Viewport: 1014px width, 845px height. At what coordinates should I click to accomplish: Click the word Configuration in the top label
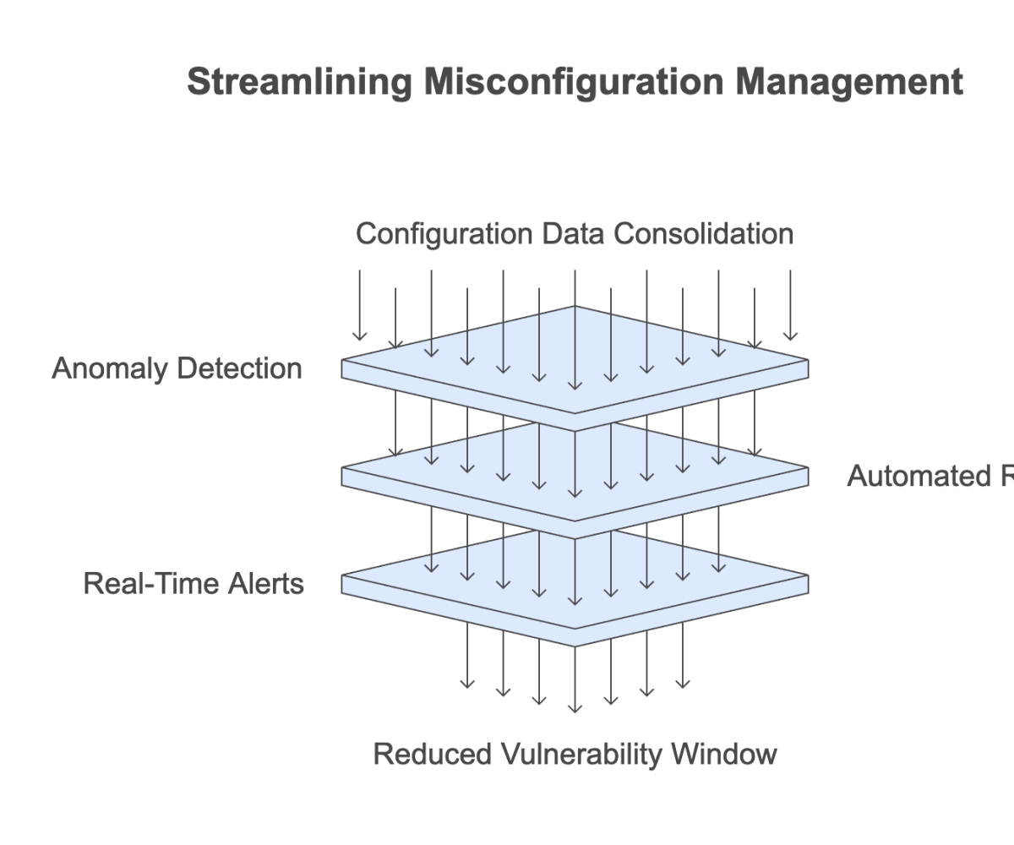pyautogui.click(x=437, y=233)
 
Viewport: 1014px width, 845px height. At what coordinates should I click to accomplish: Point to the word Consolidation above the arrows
pyautogui.click(x=703, y=233)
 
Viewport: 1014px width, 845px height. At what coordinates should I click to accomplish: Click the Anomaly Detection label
pyautogui.click(x=177, y=368)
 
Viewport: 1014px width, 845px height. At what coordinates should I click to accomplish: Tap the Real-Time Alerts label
pyautogui.click(x=194, y=584)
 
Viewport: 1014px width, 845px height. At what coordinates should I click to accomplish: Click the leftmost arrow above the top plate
pyautogui.click(x=360, y=304)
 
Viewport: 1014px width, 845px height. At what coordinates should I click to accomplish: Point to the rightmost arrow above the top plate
pyautogui.click(x=790, y=304)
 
